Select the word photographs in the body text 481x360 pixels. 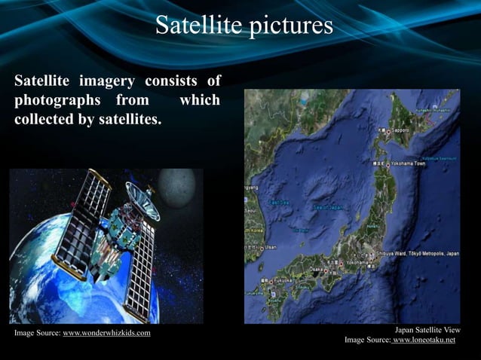[x=55, y=100]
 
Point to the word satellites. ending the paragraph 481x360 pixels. [x=128, y=119]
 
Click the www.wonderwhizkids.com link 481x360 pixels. [x=106, y=333]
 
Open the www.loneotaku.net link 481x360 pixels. [x=424, y=340]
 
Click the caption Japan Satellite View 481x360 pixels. [x=427, y=330]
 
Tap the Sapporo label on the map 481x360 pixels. [x=399, y=130]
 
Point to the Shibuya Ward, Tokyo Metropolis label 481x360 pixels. [x=418, y=255]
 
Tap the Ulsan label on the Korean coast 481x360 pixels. [x=269, y=247]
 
